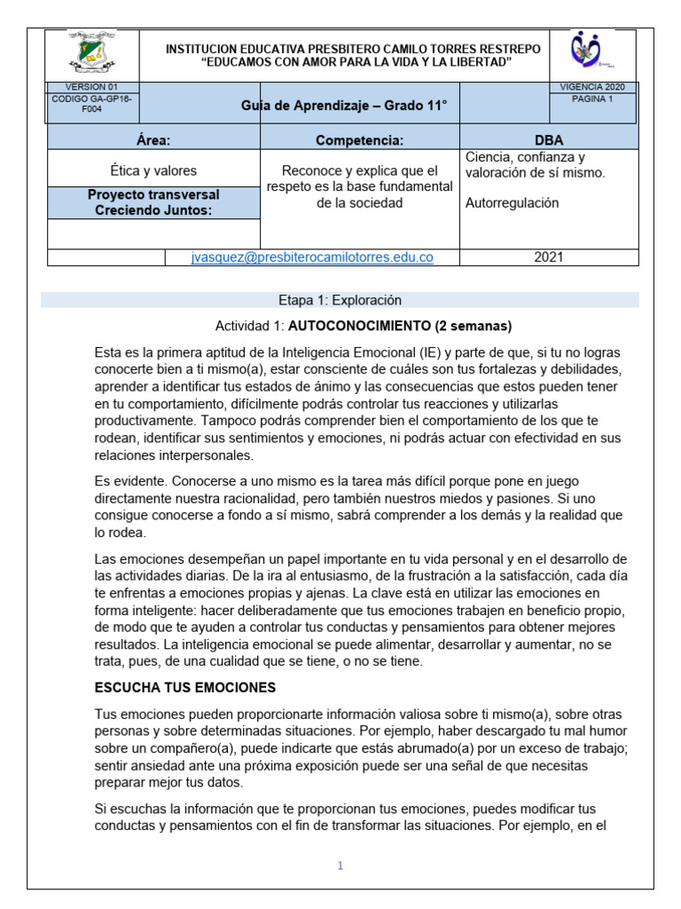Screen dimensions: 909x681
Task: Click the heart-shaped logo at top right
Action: click(591, 55)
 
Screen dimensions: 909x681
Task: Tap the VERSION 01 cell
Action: click(92, 86)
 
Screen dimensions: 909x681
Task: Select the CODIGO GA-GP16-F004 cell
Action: click(92, 105)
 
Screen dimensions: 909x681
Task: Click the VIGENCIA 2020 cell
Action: click(593, 86)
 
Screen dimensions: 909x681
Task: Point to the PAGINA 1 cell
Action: click(593, 99)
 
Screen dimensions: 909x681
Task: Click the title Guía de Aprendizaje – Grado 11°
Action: click(344, 107)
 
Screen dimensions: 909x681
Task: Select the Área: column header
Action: click(153, 140)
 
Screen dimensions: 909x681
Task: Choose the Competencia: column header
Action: click(359, 140)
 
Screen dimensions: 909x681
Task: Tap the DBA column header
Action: click(548, 140)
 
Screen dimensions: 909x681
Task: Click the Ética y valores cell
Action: click(153, 170)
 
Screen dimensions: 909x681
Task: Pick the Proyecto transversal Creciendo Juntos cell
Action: click(153, 202)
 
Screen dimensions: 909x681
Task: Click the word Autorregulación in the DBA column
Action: click(512, 202)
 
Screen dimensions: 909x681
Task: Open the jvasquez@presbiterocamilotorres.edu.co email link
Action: click(312, 257)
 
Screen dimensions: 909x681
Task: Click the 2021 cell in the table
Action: click(549, 257)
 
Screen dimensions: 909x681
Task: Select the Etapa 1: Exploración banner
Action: click(340, 300)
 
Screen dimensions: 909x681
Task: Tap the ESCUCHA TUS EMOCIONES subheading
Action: click(184, 687)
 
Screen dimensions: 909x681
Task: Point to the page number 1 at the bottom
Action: click(340, 866)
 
